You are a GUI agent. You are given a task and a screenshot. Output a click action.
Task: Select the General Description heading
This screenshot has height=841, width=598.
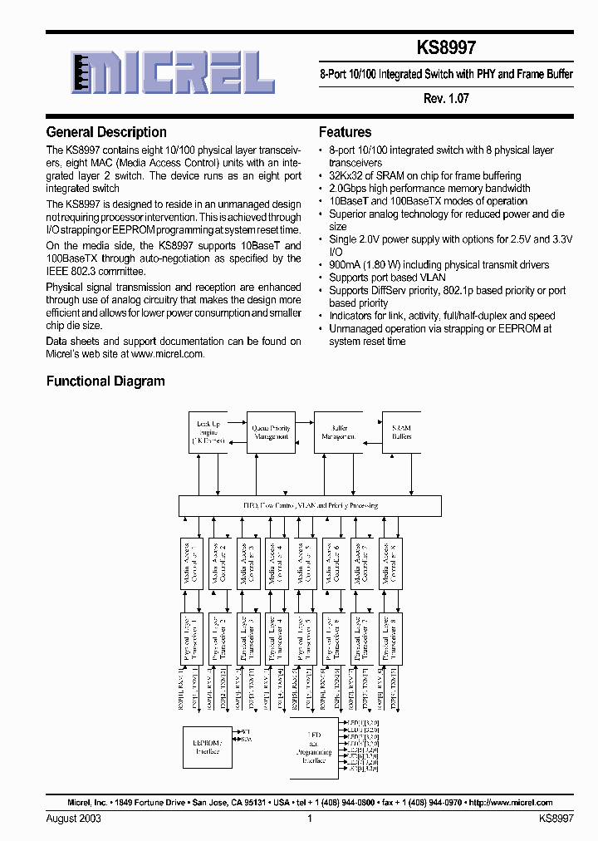click(x=106, y=132)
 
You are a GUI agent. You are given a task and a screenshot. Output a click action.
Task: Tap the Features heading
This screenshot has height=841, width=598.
click(x=345, y=132)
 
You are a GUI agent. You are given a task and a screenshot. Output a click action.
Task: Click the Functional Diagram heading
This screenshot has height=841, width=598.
click(x=105, y=381)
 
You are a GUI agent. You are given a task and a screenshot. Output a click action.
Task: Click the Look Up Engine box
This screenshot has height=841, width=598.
click(x=208, y=431)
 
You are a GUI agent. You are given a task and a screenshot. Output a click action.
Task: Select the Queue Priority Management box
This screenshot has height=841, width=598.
click(x=270, y=431)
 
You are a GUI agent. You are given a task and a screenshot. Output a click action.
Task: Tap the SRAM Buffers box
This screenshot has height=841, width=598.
click(x=401, y=431)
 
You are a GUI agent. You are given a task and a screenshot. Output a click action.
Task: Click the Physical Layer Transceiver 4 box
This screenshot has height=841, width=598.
click(x=276, y=637)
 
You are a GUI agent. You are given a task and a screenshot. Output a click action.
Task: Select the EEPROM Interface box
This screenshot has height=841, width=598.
click(x=208, y=746)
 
